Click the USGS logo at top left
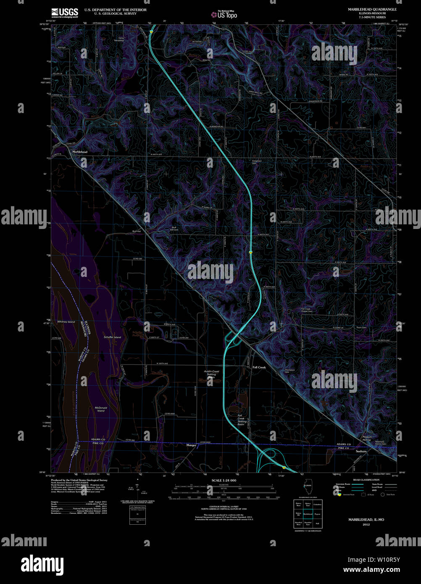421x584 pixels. pyautogui.click(x=64, y=12)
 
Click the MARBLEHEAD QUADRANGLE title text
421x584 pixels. pyautogui.click(x=372, y=9)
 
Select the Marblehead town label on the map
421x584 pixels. pyautogui.click(x=79, y=151)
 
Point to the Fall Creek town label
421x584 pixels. pyautogui.click(x=259, y=367)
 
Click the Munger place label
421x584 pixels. pyautogui.click(x=192, y=445)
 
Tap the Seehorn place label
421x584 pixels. pyautogui.click(x=361, y=451)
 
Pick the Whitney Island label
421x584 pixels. pyautogui.click(x=66, y=322)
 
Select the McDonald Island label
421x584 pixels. pyautogui.click(x=101, y=409)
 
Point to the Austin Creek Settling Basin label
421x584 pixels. pyautogui.click(x=211, y=374)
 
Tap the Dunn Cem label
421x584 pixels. pyautogui.click(x=361, y=327)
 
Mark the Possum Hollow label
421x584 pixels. pyautogui.click(x=367, y=439)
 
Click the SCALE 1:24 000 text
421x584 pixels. pyautogui.click(x=224, y=480)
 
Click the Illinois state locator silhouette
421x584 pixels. pyautogui.click(x=308, y=489)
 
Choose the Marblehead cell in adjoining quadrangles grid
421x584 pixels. pyautogui.click(x=308, y=513)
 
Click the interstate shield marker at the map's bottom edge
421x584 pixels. pyautogui.click(x=284, y=467)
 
